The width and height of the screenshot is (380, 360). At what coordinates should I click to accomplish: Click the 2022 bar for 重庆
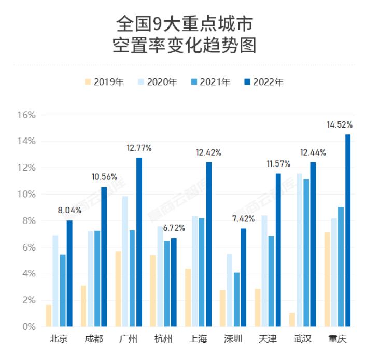coord(348,230)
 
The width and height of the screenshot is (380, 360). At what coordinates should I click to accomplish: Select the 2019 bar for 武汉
coord(292,320)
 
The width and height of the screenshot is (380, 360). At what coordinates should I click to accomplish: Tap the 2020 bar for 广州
coord(125,261)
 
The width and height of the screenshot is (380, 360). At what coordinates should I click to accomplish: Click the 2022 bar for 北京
coord(69,273)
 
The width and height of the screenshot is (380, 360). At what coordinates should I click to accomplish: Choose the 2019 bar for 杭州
coord(153,290)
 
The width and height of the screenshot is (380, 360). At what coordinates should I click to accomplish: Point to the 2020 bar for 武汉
coord(299,250)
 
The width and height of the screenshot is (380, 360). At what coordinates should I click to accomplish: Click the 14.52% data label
coord(340,124)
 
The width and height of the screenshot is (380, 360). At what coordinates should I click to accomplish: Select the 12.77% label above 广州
coord(139,148)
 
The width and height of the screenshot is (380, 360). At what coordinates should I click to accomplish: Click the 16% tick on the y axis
coord(26,115)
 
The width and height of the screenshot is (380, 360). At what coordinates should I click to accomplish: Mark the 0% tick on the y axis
coord(29,327)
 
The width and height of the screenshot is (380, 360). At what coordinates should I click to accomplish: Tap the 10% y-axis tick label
coord(26,194)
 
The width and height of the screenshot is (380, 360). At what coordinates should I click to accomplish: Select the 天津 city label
coord(268,340)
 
